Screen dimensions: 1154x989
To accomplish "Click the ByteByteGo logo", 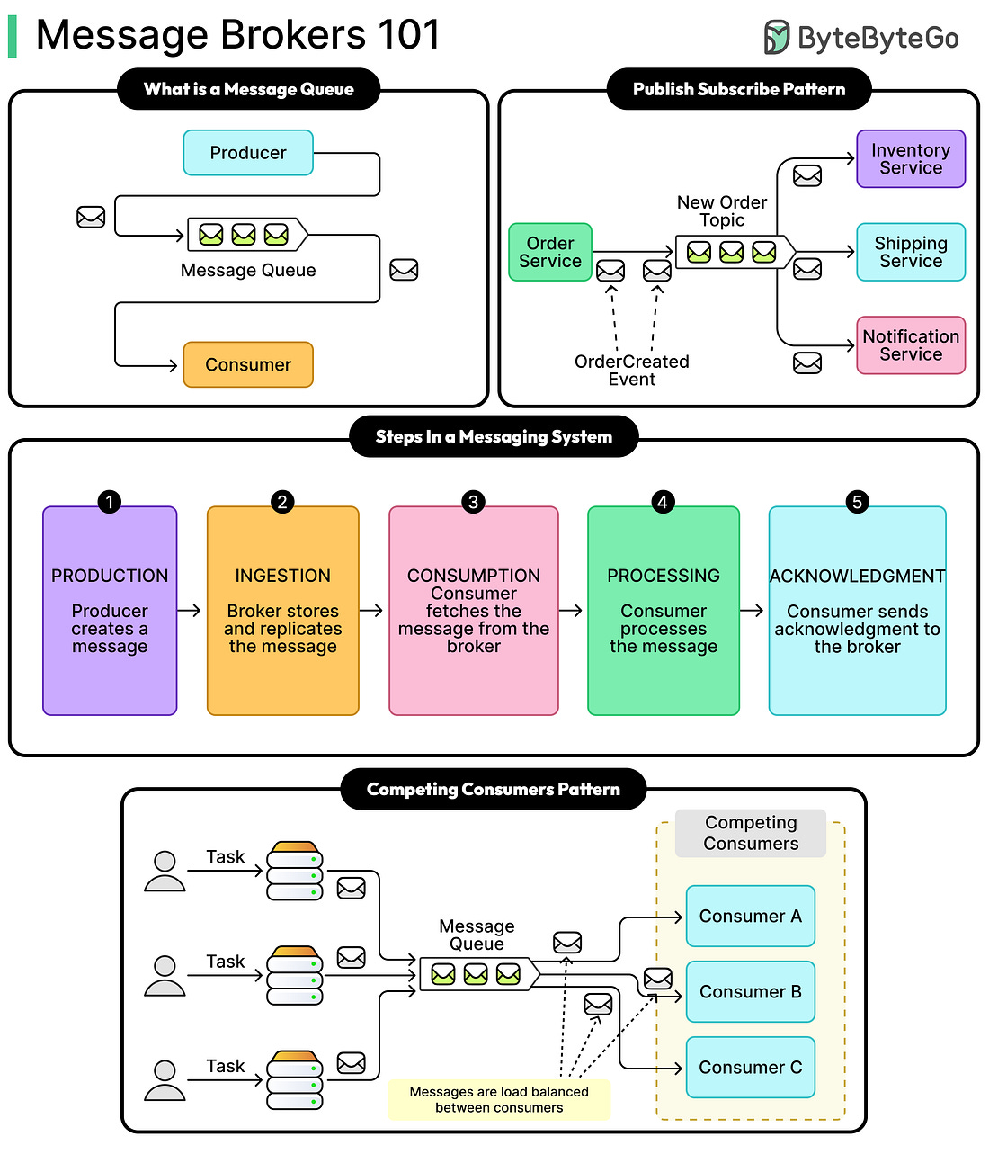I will tap(860, 38).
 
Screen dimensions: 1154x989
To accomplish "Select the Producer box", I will tap(248, 153).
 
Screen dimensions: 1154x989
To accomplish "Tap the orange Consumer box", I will tap(248, 364).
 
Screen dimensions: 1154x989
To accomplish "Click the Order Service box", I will tap(550, 253).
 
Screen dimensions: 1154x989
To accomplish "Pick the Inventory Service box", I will tap(911, 159).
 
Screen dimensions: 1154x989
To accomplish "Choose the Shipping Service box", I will tap(911, 253).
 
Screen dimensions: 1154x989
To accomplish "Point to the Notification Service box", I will tap(911, 345).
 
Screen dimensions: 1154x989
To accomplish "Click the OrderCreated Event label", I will tap(632, 371).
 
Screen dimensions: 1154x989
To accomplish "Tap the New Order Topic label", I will tap(722, 211).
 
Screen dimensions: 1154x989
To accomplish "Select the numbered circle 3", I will tap(473, 502).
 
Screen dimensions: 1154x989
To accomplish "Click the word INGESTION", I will tap(282, 576).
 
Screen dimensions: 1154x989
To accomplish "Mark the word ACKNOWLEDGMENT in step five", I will tap(857, 576).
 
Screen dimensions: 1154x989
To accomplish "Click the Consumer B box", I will tap(750, 992).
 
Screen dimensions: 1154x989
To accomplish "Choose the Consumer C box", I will tap(750, 1068).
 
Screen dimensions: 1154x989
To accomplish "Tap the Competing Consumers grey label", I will tap(751, 833).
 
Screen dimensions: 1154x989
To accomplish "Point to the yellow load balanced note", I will tap(499, 1100).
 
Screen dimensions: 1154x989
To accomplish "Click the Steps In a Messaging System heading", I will tap(494, 437).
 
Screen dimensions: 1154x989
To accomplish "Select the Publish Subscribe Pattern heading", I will tap(739, 89).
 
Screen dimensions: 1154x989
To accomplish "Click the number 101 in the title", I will tap(409, 36).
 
